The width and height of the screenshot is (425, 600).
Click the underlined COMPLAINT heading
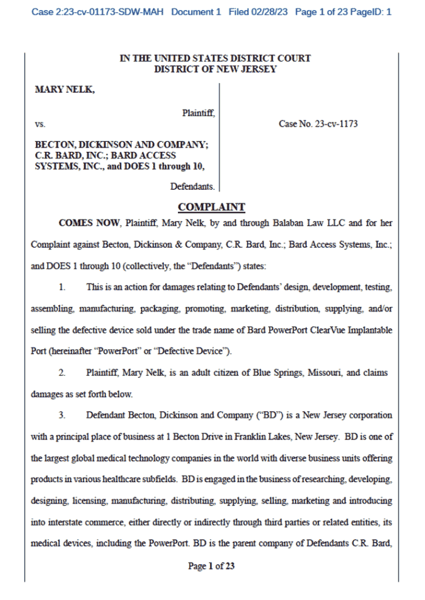tap(211, 207)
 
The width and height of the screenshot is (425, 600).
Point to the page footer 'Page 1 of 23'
tap(211, 566)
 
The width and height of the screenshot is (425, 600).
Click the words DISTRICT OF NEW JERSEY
tap(215, 69)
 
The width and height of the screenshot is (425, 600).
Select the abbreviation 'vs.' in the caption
tap(40, 124)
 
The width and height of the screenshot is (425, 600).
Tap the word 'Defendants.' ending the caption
tap(193, 187)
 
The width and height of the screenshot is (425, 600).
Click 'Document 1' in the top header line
tap(196, 12)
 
